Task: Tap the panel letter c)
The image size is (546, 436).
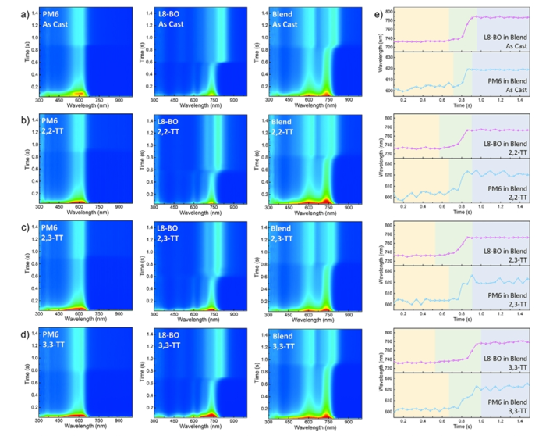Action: (9, 227)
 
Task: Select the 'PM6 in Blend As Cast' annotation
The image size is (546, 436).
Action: (508, 89)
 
